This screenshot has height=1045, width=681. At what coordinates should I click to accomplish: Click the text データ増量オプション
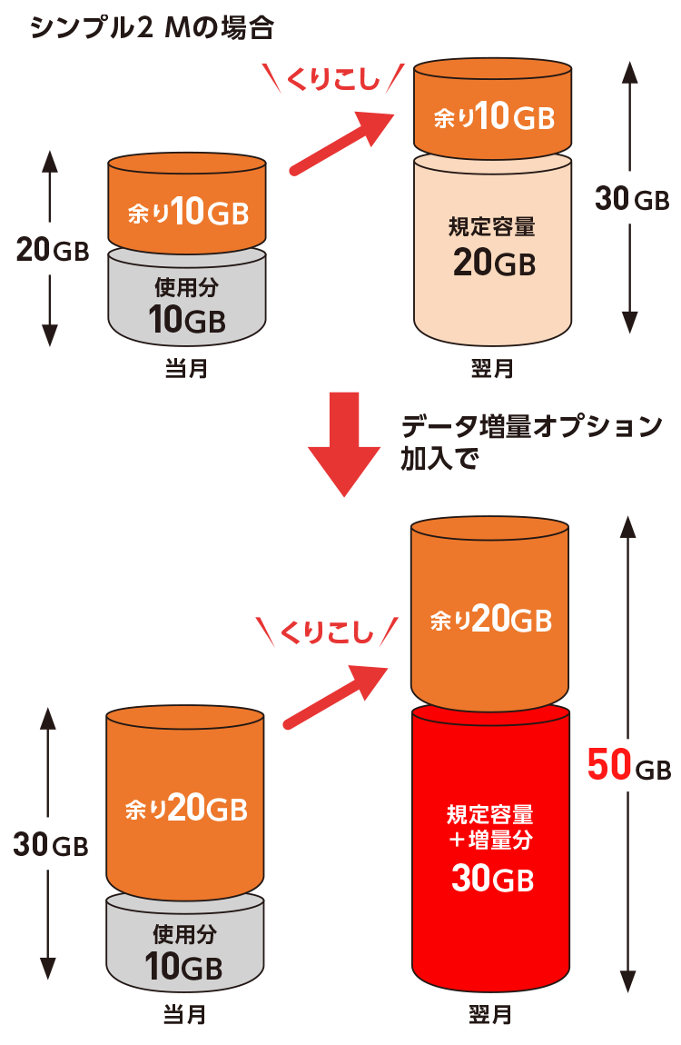(532, 426)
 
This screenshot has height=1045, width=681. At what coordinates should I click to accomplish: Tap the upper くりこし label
(331, 80)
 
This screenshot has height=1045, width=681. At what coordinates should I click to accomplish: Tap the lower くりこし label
(328, 632)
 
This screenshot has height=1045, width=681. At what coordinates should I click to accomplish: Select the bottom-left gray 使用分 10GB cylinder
(186, 945)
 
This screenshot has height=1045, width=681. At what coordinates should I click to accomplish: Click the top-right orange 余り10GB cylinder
(493, 114)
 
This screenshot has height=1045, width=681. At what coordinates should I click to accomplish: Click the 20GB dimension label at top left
(53, 251)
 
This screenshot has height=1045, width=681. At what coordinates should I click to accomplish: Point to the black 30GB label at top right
(631, 199)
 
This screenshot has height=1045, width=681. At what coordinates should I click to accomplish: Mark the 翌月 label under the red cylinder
(491, 1014)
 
